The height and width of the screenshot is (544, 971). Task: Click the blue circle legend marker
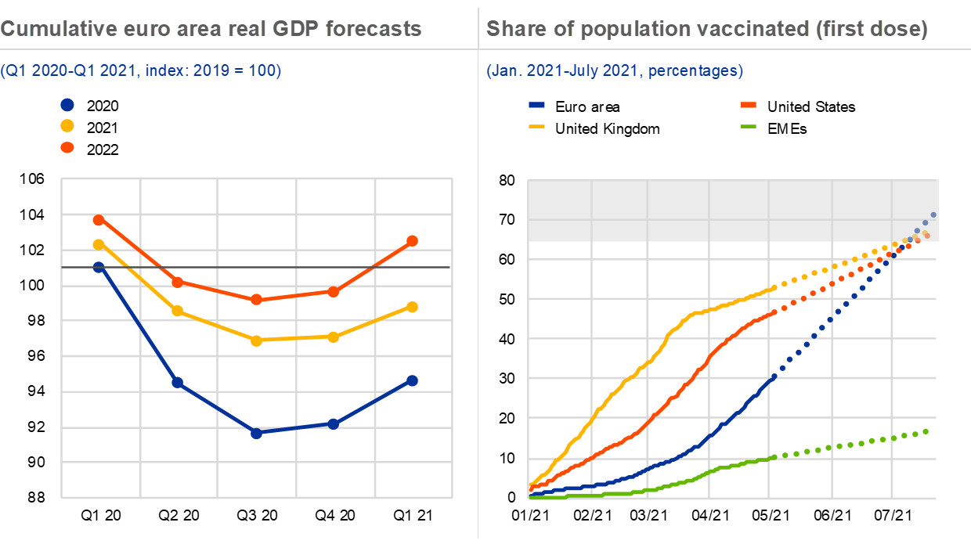coord(67,105)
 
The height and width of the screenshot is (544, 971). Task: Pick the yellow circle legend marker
coord(67,126)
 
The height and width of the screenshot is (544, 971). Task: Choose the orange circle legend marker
coord(67,147)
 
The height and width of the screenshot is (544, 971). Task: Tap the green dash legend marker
coord(748,125)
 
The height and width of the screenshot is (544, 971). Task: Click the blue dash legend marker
coord(536,105)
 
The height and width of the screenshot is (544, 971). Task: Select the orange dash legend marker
coord(748,105)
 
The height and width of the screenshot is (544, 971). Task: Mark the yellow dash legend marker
coord(536,125)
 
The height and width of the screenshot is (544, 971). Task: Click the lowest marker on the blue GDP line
coord(256,433)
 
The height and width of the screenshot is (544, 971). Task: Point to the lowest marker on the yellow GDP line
coord(256,340)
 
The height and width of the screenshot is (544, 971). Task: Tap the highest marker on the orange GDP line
coord(99,220)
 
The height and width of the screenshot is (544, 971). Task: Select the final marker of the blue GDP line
coord(413,380)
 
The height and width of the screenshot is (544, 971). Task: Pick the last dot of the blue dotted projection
coord(933,214)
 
